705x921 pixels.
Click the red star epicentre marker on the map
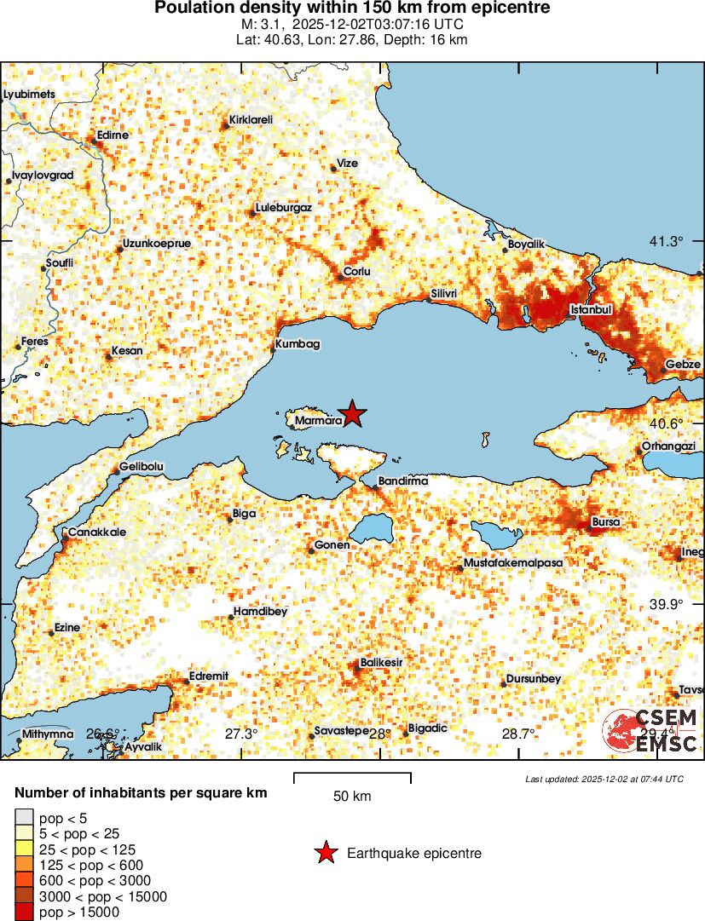(x=352, y=413)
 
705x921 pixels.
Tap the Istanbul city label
(x=591, y=309)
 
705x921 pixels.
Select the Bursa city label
(x=606, y=521)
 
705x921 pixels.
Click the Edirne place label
(x=113, y=135)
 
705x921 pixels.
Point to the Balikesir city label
(x=381, y=662)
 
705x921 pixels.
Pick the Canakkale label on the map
(x=97, y=532)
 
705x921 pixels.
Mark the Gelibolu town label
(x=142, y=467)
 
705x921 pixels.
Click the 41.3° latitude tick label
(x=666, y=242)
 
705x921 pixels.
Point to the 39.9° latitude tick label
(x=666, y=604)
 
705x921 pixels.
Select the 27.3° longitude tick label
(x=241, y=734)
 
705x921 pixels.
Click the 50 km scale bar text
(x=352, y=797)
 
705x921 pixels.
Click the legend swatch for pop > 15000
(x=23, y=912)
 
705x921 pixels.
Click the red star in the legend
(x=324, y=853)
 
